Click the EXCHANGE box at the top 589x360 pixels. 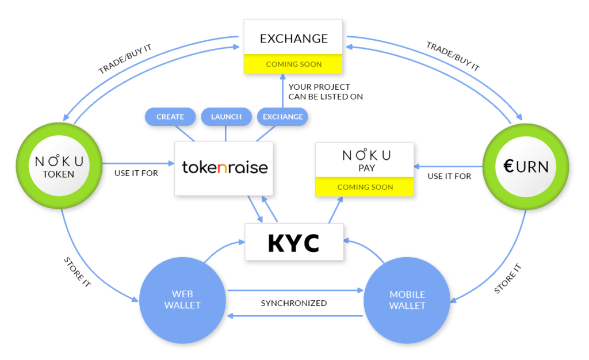[x=293, y=39]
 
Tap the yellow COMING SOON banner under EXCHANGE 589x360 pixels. [x=293, y=64]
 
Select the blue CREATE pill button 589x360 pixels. [x=170, y=117]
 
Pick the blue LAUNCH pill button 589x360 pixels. [x=226, y=117]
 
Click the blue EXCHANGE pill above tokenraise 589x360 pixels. [x=282, y=117]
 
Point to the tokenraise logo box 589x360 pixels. [x=225, y=167]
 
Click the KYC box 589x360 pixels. [x=293, y=242]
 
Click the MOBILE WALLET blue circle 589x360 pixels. [x=407, y=300]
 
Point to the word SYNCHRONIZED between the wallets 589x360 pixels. [x=293, y=303]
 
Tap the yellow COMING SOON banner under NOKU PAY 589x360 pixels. [x=365, y=187]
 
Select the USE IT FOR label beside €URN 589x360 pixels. [x=449, y=176]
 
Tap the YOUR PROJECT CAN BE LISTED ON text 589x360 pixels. [x=326, y=92]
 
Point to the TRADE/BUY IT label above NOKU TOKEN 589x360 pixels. [x=125, y=58]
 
